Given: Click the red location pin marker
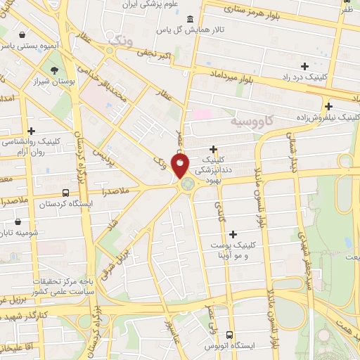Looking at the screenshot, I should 181,165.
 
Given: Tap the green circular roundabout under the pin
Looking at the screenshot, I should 187,185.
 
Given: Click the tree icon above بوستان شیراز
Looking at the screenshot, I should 55,70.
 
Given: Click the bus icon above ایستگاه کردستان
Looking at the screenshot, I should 65,193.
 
